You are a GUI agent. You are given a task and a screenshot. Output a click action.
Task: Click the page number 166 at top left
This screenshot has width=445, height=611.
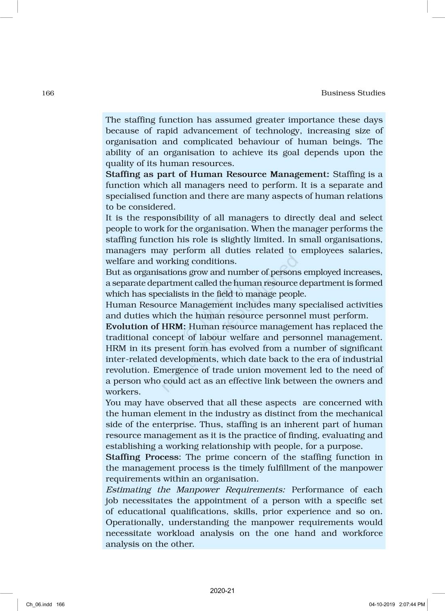click(48, 93)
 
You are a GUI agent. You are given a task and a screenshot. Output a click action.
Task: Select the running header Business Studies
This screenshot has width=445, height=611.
click(353, 93)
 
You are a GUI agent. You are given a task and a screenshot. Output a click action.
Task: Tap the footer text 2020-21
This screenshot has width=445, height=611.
click(222, 591)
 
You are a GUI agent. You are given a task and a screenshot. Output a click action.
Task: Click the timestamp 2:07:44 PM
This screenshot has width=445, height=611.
click(412, 605)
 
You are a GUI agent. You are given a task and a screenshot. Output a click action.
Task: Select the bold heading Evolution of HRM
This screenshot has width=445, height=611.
click(145, 327)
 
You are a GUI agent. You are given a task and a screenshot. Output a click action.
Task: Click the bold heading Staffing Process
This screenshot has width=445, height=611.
click(142, 457)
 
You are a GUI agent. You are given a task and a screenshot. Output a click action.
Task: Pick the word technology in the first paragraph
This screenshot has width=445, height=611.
click(277, 131)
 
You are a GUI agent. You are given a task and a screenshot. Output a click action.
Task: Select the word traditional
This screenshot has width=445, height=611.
click(127, 337)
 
